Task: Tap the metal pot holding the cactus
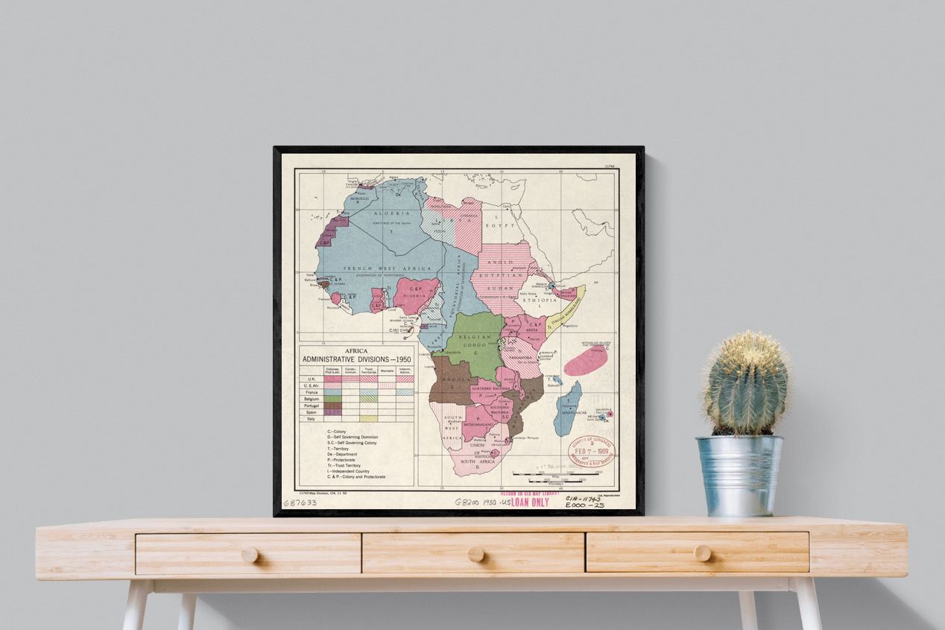coord(739,475)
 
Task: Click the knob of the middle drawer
coord(475,554)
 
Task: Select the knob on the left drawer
coord(250,555)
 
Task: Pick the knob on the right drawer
coord(702,552)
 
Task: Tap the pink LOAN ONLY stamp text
coord(529,502)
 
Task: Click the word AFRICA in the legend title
coord(355,350)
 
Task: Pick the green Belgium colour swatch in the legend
coord(332,399)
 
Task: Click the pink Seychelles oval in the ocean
coord(586,362)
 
